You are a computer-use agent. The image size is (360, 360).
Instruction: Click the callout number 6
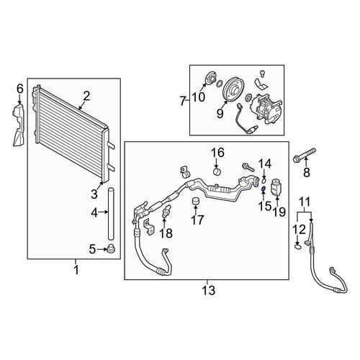(20, 89)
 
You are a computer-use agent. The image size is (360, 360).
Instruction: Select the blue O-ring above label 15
(264, 189)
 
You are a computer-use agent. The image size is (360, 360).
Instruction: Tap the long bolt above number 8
(305, 155)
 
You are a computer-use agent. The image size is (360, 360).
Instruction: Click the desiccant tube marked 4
(111, 214)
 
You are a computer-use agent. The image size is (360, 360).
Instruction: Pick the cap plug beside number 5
(111, 248)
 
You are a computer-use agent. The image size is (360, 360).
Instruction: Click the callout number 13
(208, 291)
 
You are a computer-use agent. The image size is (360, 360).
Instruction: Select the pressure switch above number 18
(166, 211)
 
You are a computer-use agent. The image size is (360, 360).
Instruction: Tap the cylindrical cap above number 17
(197, 202)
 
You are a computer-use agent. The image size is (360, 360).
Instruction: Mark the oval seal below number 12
(297, 246)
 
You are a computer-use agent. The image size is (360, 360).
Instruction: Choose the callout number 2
(86, 96)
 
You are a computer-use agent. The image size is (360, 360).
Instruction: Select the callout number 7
(183, 102)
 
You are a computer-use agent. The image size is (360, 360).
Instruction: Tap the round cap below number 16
(217, 172)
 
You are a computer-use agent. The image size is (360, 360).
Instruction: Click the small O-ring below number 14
(264, 181)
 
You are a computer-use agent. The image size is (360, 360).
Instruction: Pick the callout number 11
(305, 202)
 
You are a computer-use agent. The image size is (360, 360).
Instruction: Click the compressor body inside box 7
(266, 109)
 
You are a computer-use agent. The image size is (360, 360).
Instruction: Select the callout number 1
(76, 270)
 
